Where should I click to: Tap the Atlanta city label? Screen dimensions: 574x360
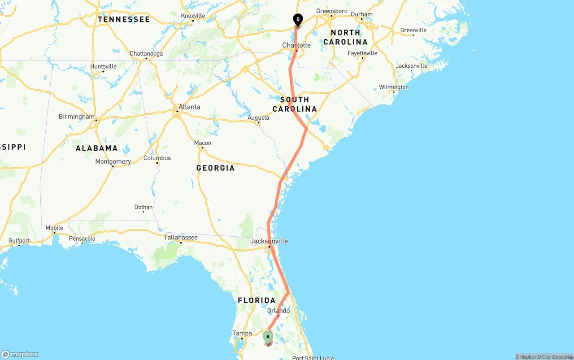coord(189,107)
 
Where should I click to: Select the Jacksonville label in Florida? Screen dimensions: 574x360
coord(269,241)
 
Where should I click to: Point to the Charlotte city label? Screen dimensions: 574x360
coord(296,45)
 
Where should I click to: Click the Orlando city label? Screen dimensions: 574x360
coord(278,311)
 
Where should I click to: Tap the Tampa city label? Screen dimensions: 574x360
coord(242,334)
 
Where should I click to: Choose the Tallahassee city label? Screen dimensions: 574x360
coord(181,237)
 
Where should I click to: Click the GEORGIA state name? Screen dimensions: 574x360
coord(215,168)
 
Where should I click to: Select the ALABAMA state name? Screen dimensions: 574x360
coord(97,148)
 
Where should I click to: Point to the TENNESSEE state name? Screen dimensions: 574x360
coord(124,20)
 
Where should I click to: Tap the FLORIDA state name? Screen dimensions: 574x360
coord(257,300)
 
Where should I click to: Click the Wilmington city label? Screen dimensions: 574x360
coord(394,87)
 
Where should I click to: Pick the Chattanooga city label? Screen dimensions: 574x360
coord(146,54)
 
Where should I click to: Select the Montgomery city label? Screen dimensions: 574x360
coord(113,161)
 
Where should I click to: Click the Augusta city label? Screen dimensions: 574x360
coord(259,117)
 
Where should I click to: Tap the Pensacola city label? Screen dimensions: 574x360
coord(82,239)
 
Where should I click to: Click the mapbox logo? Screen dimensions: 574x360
coord(20,354)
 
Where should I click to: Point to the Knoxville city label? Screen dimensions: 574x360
coord(193,16)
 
